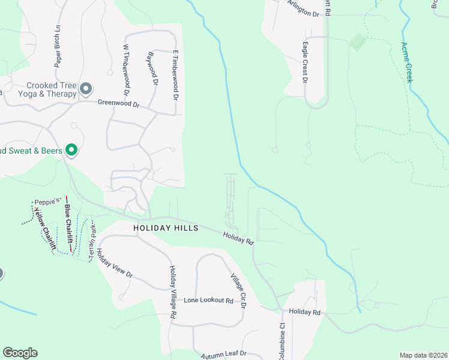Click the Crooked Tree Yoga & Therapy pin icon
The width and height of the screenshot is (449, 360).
point(86,89)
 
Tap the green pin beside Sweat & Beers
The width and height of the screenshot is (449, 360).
point(71,150)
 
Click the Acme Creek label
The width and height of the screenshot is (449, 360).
point(408,62)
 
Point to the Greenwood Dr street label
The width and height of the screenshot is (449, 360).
point(119,104)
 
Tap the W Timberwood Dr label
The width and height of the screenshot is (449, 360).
point(127,70)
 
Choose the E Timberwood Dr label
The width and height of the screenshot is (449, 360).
point(176,75)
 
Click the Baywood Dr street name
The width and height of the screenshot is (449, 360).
point(152,69)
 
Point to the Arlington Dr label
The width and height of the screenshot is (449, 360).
point(303,9)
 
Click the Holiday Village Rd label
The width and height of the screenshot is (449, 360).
point(172,292)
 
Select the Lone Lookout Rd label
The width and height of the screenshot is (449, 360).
point(208,300)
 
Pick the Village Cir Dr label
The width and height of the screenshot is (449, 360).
point(239,290)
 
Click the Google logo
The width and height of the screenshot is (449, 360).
point(20,353)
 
